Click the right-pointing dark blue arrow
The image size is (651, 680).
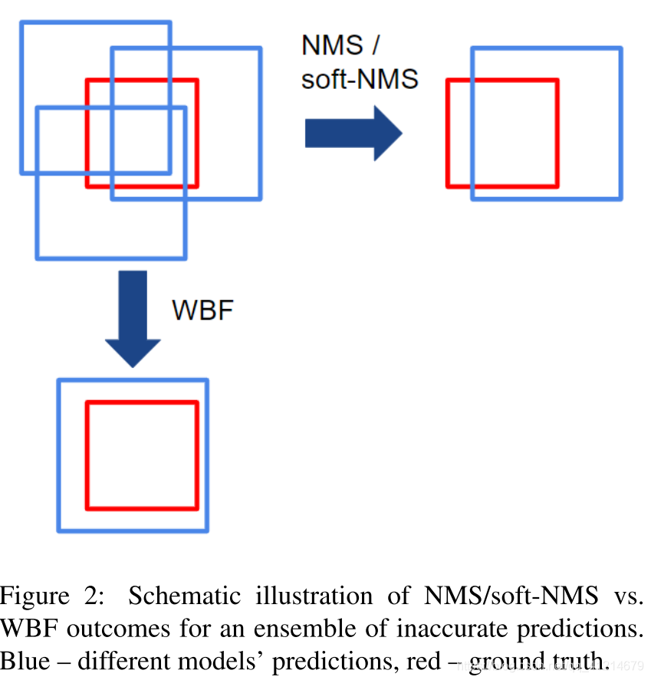pyautogui.click(x=353, y=133)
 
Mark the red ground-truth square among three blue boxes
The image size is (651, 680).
pyautogui.click(x=142, y=80)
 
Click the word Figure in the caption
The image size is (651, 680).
pyautogui.click(x=35, y=596)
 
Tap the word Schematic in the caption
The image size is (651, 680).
pyautogui.click(x=173, y=596)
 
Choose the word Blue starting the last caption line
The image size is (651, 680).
pyautogui.click(x=24, y=662)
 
